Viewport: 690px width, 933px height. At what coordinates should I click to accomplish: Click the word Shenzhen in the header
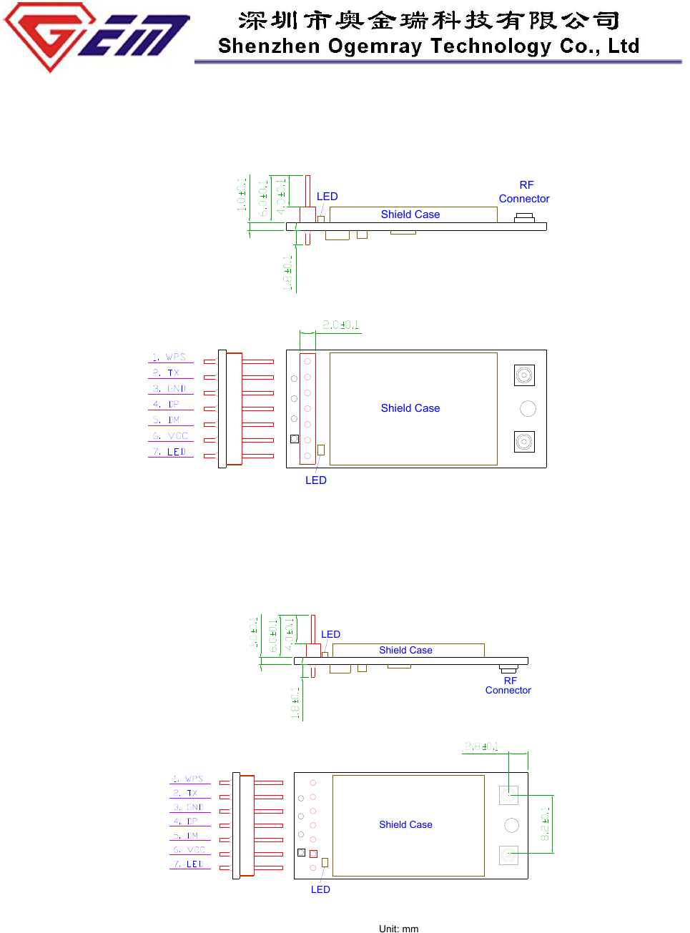click(269, 46)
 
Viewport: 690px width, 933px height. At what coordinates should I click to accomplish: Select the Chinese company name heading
click(429, 20)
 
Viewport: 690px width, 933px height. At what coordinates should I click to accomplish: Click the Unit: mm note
click(398, 929)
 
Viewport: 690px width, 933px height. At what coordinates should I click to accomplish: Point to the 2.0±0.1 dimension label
click(340, 325)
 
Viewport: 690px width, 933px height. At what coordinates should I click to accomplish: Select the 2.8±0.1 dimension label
click(481, 747)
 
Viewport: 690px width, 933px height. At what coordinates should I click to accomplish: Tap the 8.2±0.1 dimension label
click(545, 824)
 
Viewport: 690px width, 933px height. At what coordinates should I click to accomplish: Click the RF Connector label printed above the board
click(524, 192)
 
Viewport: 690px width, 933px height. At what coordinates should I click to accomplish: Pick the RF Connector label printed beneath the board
click(508, 686)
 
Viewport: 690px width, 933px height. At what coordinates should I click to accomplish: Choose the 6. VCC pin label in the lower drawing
click(189, 850)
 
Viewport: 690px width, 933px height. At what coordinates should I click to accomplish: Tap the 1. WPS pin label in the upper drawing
click(169, 357)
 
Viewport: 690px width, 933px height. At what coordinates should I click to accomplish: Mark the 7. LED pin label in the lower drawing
click(189, 864)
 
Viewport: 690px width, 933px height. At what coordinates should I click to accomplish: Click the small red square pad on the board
click(313, 854)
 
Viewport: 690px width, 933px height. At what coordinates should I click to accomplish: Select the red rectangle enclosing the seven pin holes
click(307, 408)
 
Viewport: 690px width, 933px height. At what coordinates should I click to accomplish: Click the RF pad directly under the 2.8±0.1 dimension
click(508, 795)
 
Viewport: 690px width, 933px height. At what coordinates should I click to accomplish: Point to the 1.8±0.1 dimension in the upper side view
click(287, 273)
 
